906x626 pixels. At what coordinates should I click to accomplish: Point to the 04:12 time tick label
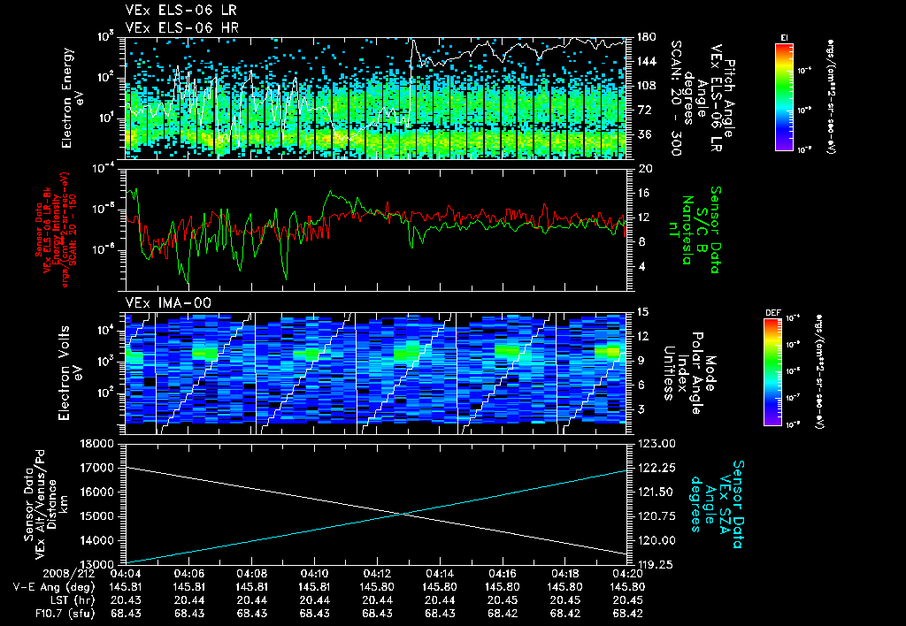coord(378,573)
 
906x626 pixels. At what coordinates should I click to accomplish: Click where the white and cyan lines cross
coord(404,514)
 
